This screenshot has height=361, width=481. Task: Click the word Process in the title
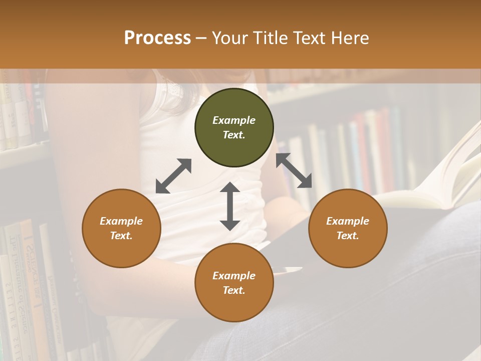click(157, 38)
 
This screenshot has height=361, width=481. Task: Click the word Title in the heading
click(270, 38)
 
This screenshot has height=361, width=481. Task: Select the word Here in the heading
click(350, 38)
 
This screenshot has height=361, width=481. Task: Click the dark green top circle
click(234, 127)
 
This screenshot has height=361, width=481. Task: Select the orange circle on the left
click(121, 228)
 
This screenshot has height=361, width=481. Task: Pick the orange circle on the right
click(348, 228)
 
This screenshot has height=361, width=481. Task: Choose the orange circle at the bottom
click(234, 283)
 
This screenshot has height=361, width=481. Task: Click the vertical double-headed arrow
click(230, 206)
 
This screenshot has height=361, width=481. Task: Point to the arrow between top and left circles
click(173, 176)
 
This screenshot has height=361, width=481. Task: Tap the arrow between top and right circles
click(294, 170)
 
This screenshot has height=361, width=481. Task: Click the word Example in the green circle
click(234, 120)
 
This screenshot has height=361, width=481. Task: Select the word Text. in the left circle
click(121, 236)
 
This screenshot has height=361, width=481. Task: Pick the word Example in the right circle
click(348, 221)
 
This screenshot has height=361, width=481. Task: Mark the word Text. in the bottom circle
click(234, 290)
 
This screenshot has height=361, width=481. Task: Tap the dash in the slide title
click(201, 38)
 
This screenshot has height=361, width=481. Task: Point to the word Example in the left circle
click(121, 221)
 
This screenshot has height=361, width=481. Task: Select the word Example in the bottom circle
click(234, 276)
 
